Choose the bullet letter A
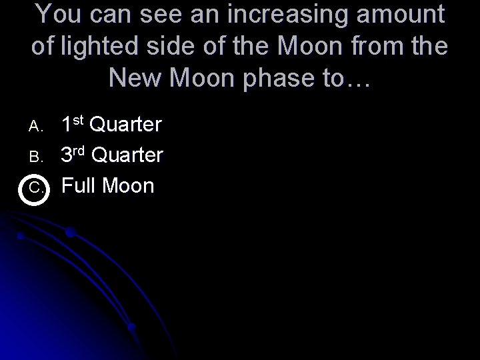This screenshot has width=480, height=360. click(34, 125)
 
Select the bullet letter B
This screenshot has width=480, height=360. click(34, 157)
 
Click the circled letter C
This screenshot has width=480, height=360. click(34, 188)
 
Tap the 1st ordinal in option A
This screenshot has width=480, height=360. click(73, 124)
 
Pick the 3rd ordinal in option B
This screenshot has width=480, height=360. click(73, 155)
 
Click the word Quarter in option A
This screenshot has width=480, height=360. click(126, 125)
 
